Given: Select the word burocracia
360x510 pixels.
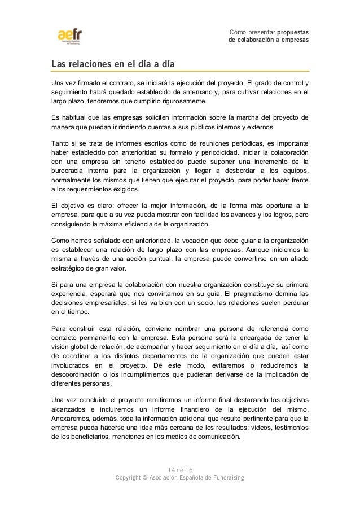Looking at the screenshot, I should pos(67,173).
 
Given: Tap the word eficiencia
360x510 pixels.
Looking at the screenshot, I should pos(134,225).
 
